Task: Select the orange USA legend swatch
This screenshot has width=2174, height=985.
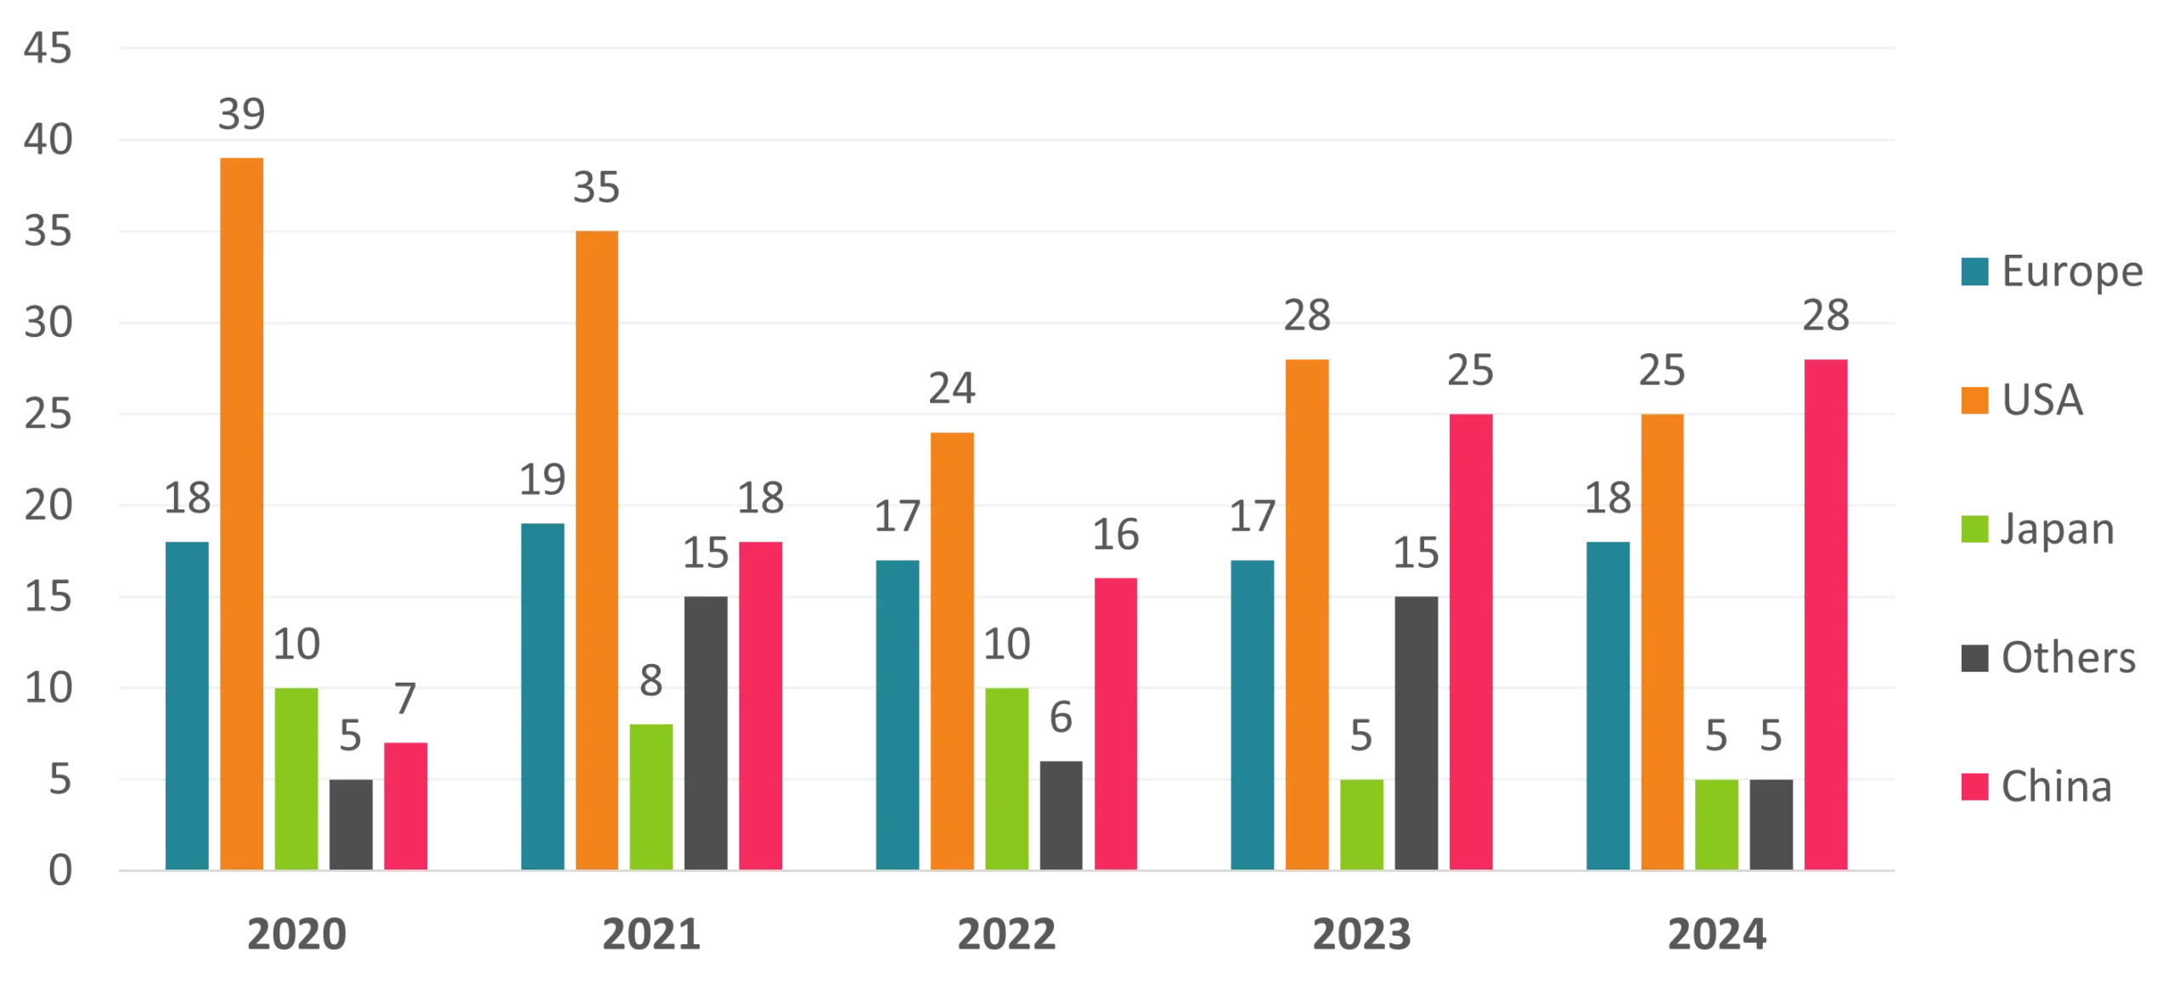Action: tap(1973, 400)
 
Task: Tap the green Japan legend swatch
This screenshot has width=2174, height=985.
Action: tap(1973, 529)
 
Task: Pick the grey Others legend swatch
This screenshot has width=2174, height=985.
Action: tap(1973, 659)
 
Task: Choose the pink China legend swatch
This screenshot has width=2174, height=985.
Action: tap(1973, 787)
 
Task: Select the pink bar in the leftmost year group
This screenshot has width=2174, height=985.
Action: tap(407, 806)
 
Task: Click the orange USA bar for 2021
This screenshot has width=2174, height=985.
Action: tap(597, 551)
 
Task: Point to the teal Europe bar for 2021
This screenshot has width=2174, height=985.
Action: tap(542, 697)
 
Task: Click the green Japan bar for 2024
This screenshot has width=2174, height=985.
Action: tap(1716, 825)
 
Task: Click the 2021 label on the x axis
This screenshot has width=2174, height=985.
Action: tap(652, 937)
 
